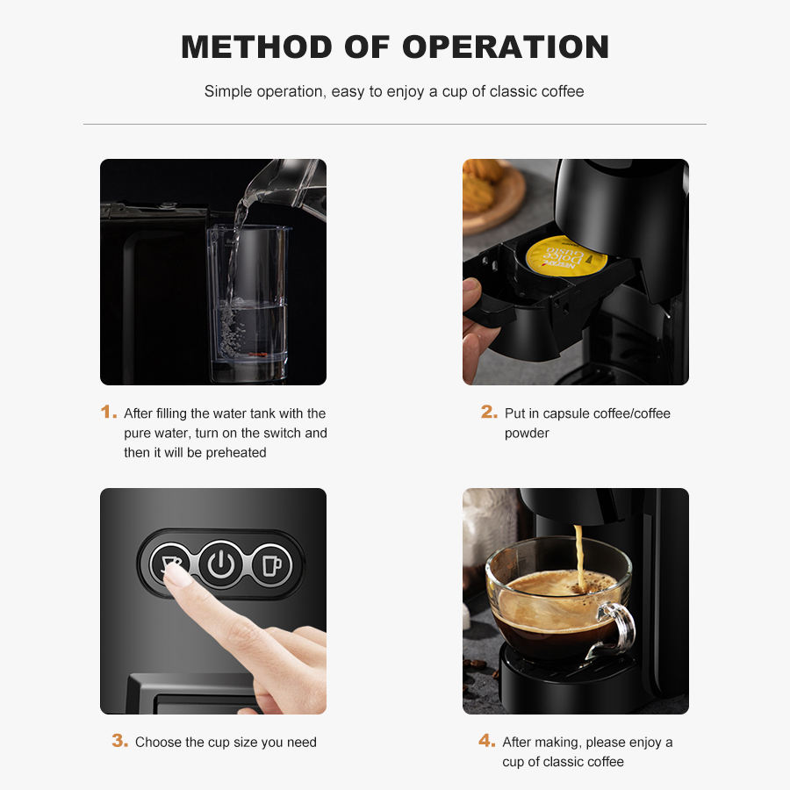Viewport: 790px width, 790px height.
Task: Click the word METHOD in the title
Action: coord(256,47)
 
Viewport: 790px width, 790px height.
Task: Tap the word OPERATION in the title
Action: coord(506,47)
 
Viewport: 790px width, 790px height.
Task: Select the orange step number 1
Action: coord(108,412)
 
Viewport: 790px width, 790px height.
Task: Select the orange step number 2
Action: coord(489,412)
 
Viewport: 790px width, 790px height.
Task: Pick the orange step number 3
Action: coord(120,740)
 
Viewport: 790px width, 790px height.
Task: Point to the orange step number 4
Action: coord(486,740)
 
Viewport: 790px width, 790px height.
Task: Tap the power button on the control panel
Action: coord(220,564)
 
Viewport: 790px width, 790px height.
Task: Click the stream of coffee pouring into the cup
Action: coord(579,557)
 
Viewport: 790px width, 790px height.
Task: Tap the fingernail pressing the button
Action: coord(174,575)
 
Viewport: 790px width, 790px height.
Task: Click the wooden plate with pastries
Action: coord(492,197)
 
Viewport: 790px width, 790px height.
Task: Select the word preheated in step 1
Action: coord(236,452)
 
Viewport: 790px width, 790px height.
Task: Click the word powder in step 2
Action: coord(527,434)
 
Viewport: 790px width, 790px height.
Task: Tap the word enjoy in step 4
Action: coord(645,743)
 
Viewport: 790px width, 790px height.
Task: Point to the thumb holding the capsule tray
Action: coord(471,291)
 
